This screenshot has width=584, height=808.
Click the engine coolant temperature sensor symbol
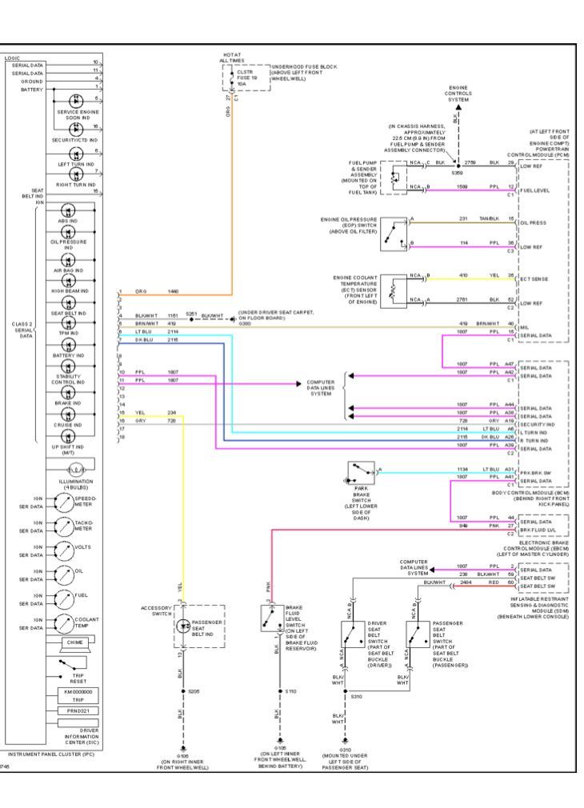[x=392, y=287]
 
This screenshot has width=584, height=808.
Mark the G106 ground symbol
[x=183, y=750]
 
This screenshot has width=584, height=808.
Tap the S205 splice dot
[x=183, y=690]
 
